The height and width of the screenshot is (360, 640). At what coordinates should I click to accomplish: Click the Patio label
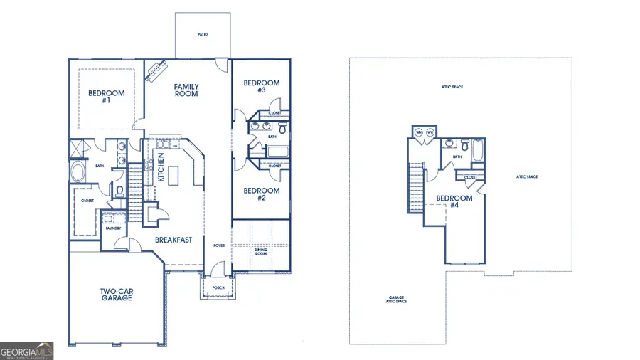(x=203, y=34)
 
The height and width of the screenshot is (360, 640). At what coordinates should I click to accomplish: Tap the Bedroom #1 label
(x=106, y=97)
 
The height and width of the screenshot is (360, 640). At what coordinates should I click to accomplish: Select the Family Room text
(x=186, y=90)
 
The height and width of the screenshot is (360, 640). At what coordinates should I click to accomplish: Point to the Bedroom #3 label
(x=262, y=87)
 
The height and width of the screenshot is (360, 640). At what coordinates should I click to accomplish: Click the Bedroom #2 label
(x=262, y=194)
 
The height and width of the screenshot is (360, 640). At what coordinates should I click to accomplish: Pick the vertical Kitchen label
(x=161, y=167)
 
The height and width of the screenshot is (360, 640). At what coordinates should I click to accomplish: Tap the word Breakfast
(x=174, y=240)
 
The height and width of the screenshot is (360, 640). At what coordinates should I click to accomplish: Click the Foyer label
(x=220, y=245)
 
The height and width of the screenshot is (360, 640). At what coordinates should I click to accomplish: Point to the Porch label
(x=218, y=288)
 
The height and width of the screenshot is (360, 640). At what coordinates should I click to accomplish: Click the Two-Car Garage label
(x=115, y=295)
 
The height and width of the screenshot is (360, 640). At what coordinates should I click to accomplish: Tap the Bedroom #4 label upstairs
(x=454, y=201)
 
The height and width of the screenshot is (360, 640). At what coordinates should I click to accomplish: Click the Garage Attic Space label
(x=398, y=300)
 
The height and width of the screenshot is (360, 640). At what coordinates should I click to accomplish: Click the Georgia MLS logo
(x=27, y=351)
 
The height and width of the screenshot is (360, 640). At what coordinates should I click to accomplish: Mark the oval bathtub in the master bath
(x=78, y=172)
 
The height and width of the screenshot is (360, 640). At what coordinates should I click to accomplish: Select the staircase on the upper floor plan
(x=415, y=187)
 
